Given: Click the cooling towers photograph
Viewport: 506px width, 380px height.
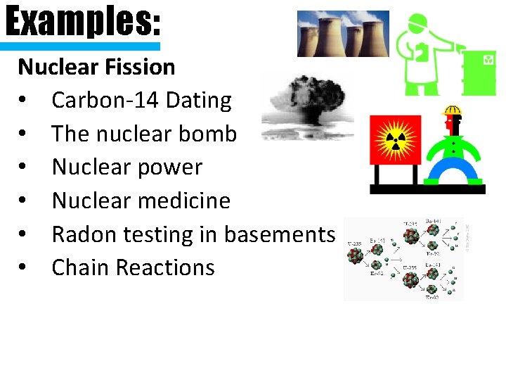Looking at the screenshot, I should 342,34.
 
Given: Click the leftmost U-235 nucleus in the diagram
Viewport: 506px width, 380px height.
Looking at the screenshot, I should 356,255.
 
